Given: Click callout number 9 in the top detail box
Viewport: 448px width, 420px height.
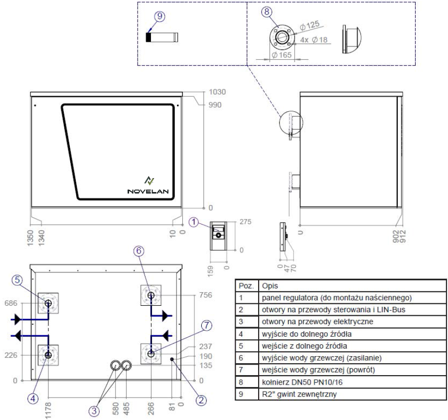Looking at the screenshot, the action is pos(159,16).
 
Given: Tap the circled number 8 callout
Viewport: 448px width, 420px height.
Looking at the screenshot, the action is pos(267,12).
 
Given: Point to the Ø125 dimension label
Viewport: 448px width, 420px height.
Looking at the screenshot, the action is pos(310,25).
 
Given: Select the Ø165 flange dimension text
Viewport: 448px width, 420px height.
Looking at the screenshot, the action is pos(282,55).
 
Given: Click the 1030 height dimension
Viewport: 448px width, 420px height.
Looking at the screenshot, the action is pos(217,92).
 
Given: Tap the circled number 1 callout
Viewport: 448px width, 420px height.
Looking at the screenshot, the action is pos(194,222).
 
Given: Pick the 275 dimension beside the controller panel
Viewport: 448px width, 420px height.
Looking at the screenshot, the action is pos(246,221).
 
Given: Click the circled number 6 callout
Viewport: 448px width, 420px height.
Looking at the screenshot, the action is pos(139,251).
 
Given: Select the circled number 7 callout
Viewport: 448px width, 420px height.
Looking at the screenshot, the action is pos(207,325).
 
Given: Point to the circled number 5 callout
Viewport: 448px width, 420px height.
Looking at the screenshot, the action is pos(17,280).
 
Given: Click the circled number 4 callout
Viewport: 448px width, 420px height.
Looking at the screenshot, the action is pos(33,398).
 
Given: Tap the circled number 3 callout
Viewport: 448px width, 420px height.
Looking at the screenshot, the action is pos(94,411).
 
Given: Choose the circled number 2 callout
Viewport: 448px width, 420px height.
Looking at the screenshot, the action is pos(201,400).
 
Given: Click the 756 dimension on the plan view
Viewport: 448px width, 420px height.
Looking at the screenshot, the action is pos(206,295).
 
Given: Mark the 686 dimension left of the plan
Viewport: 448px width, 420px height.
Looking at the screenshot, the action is pos(11,303).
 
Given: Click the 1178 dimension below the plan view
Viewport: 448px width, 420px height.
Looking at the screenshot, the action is pos(48,411).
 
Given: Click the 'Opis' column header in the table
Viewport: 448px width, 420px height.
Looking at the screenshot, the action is pos(270,286).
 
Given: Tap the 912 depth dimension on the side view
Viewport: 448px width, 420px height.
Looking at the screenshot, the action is pos(403,236).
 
